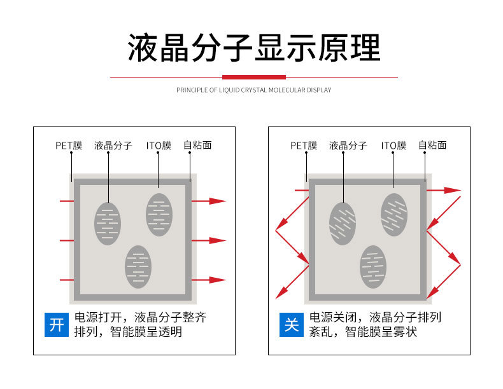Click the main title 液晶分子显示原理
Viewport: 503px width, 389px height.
click(254, 48)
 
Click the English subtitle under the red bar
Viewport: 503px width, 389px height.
click(254, 90)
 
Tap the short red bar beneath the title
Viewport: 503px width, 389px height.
click(254, 77)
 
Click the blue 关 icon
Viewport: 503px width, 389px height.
click(292, 325)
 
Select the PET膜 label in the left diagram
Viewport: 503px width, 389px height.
click(69, 146)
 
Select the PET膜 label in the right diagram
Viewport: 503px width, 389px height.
click(304, 146)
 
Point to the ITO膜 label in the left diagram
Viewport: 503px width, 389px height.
click(159, 146)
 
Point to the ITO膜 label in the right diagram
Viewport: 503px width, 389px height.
click(393, 146)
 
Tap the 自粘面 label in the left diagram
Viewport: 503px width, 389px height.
click(197, 146)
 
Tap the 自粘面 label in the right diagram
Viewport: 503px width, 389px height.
click(432, 146)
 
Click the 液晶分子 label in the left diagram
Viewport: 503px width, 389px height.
click(113, 146)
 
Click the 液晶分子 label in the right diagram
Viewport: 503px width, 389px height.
click(348, 146)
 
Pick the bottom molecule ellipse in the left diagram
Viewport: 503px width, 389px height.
click(138, 266)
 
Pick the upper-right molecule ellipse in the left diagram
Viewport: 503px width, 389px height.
click(159, 215)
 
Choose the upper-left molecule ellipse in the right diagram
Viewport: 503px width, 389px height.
click(343, 224)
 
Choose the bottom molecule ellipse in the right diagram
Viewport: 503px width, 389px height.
click(373, 266)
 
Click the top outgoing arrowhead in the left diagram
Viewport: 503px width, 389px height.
click(218, 201)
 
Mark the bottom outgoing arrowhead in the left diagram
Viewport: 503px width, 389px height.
click(218, 280)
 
